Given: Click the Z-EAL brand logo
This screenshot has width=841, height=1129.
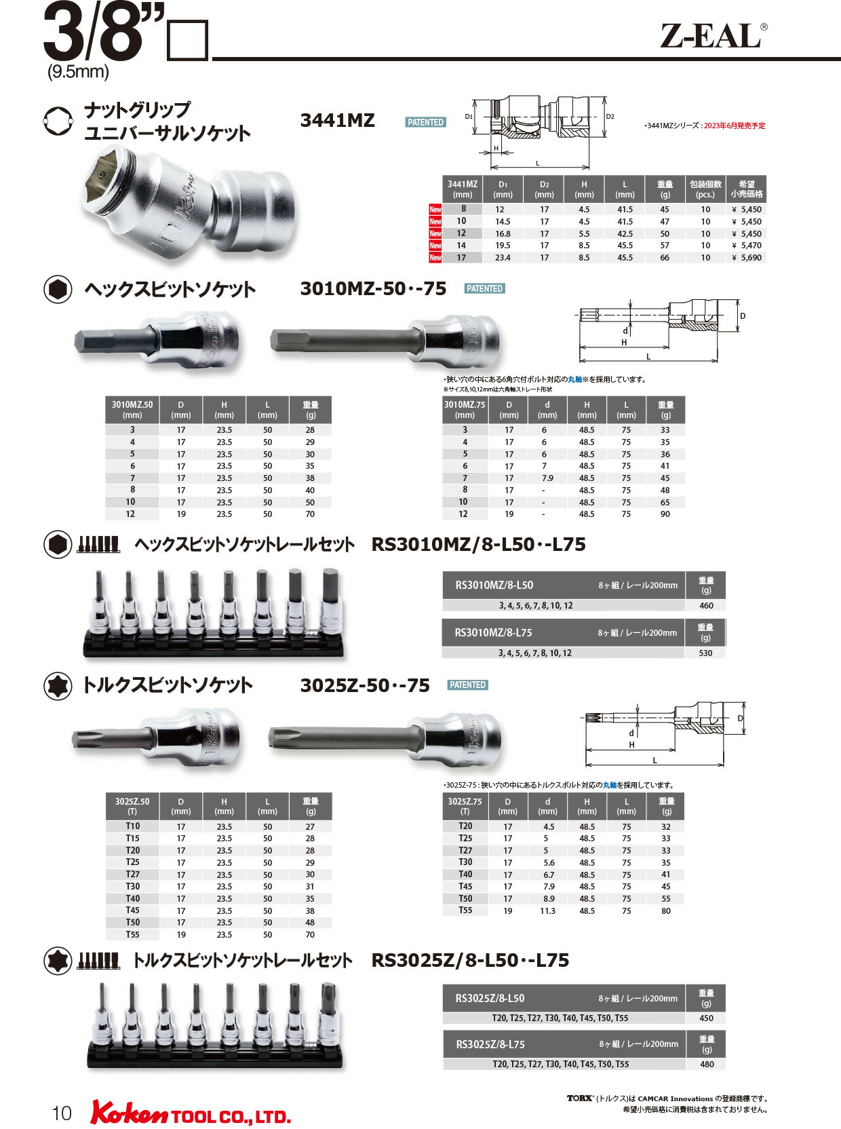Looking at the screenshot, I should [713, 37].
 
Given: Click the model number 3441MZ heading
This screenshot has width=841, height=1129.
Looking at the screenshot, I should [337, 121].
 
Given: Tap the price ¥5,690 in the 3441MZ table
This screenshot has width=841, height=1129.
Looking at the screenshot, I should [747, 258].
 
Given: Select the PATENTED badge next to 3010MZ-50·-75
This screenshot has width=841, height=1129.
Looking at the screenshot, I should [484, 288].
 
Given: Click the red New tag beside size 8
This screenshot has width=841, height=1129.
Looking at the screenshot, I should [435, 210].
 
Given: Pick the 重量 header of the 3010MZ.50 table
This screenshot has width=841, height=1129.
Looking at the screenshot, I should [311, 409].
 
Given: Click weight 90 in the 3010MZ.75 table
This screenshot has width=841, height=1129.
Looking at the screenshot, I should [665, 514].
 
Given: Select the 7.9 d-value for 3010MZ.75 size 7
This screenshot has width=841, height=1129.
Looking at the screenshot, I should [547, 478].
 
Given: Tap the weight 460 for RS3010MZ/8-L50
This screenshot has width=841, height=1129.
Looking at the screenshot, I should [706, 606].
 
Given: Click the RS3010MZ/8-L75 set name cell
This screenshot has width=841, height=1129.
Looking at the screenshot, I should [493, 632].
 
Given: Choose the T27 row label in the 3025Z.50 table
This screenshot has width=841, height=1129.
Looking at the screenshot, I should [132, 875].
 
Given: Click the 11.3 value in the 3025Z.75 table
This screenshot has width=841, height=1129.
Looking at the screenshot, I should [547, 911].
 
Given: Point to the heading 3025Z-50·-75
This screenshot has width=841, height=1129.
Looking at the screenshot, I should [365, 686].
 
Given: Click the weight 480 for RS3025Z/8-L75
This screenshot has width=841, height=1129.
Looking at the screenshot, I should [707, 1065].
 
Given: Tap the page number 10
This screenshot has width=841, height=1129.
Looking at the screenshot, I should [61, 1113].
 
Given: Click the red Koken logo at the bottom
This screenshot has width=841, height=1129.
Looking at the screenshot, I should [129, 1113].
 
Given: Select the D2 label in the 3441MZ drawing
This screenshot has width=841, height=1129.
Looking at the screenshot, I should [610, 117].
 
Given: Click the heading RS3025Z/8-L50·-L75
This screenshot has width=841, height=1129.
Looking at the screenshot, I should [470, 961].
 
